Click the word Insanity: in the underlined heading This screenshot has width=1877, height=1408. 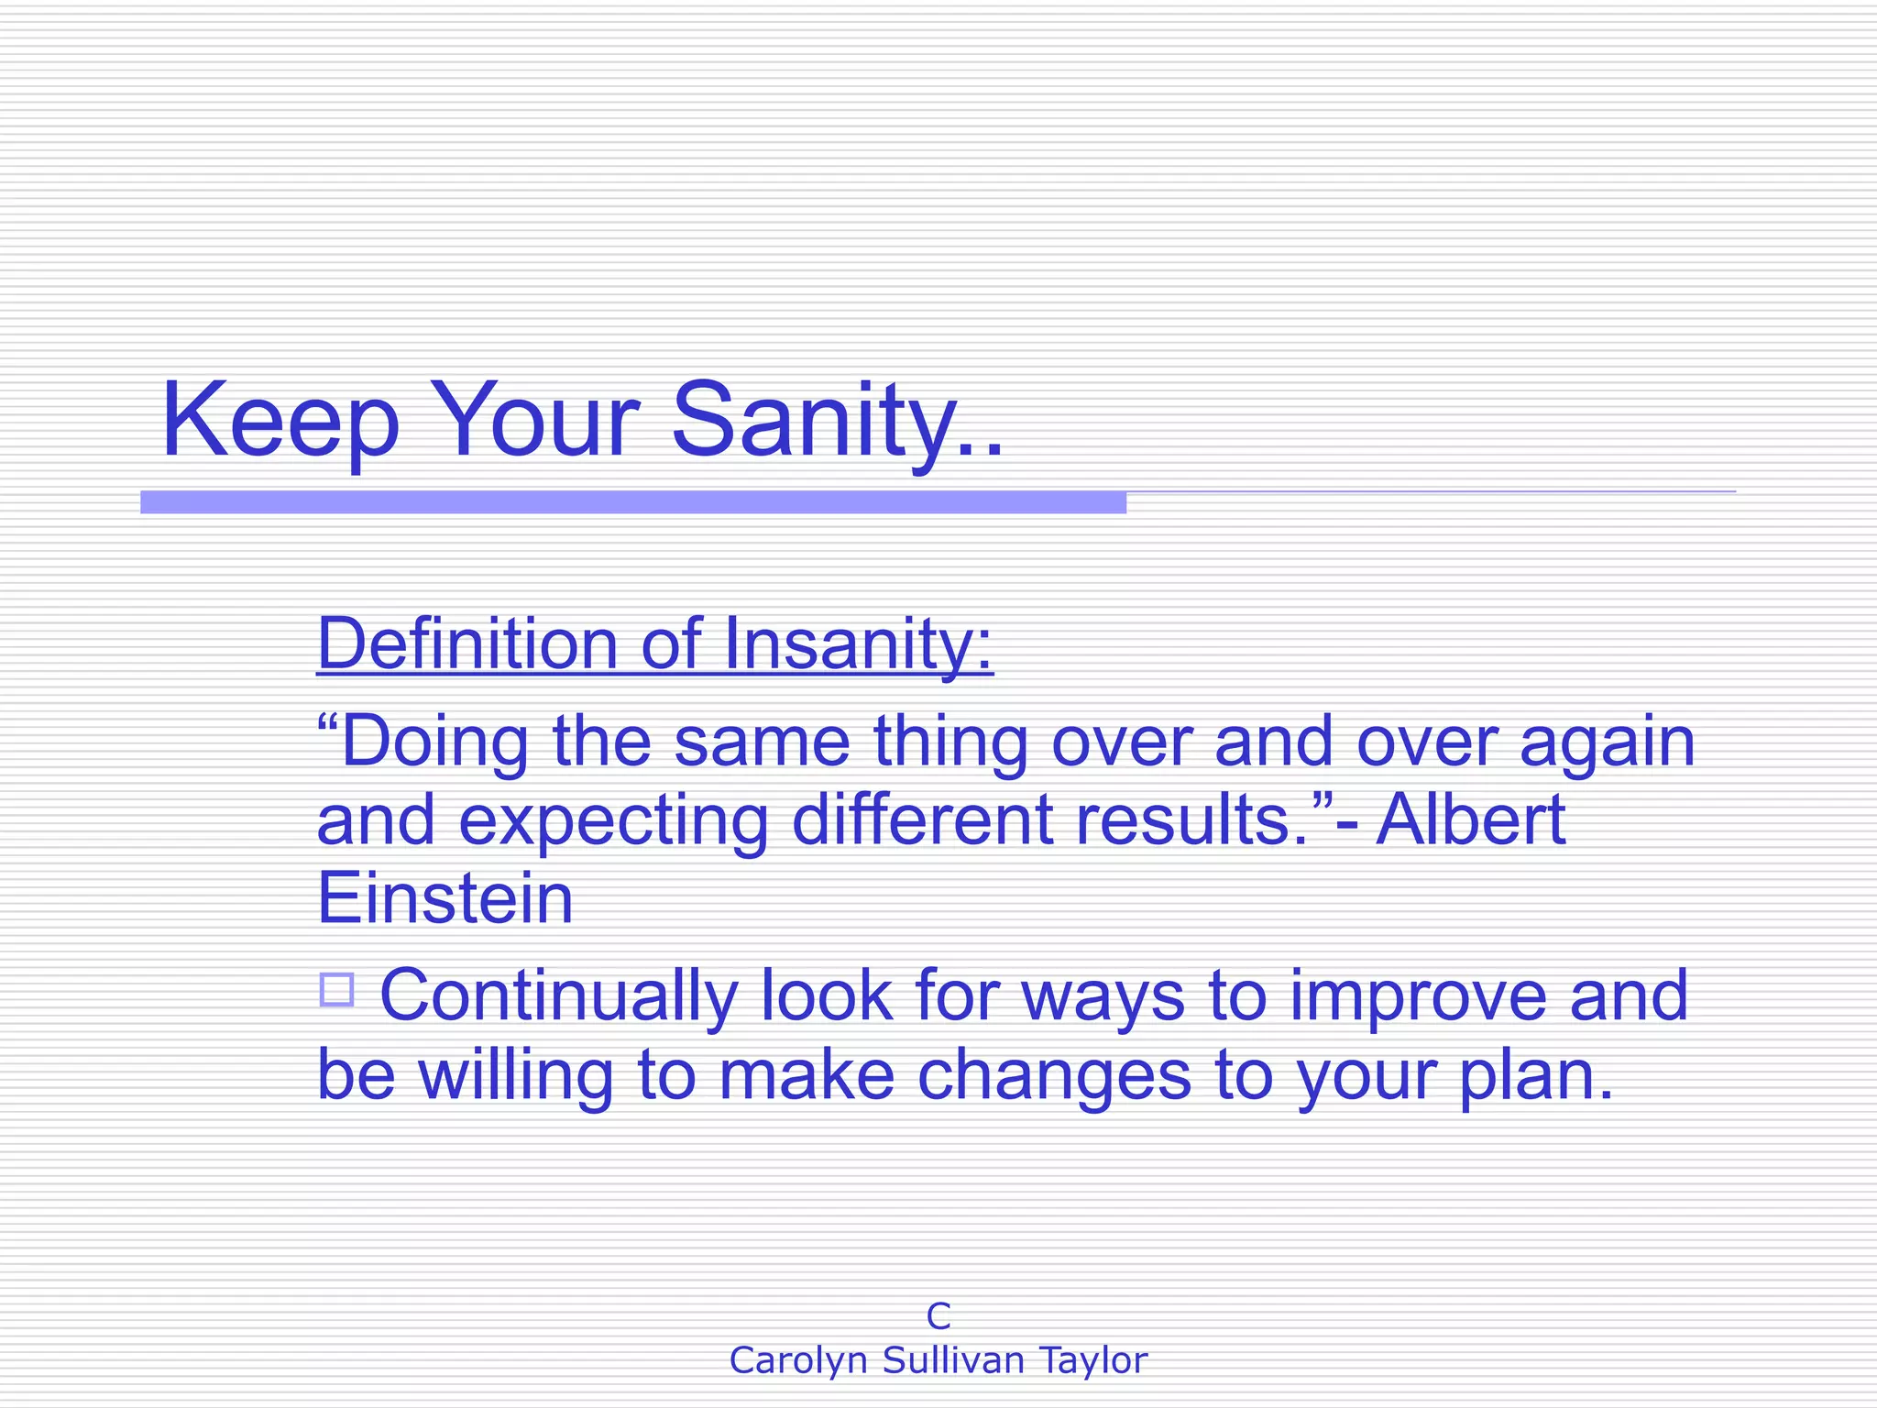858,643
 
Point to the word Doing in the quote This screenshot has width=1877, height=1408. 434,742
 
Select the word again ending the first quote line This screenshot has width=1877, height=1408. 1608,742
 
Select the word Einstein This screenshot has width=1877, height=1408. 445,898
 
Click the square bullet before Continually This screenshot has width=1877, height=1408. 336,989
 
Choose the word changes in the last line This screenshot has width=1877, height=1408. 1054,1076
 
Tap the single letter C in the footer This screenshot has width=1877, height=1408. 938,1316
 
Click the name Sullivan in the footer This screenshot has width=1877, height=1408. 953,1360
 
